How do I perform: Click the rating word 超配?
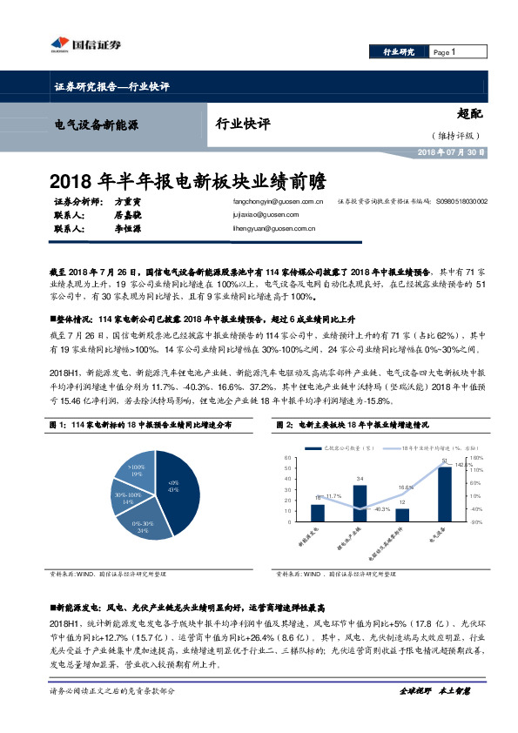471,113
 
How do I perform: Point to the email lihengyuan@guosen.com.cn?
266,229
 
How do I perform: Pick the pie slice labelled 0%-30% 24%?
140,524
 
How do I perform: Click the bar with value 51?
444,494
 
